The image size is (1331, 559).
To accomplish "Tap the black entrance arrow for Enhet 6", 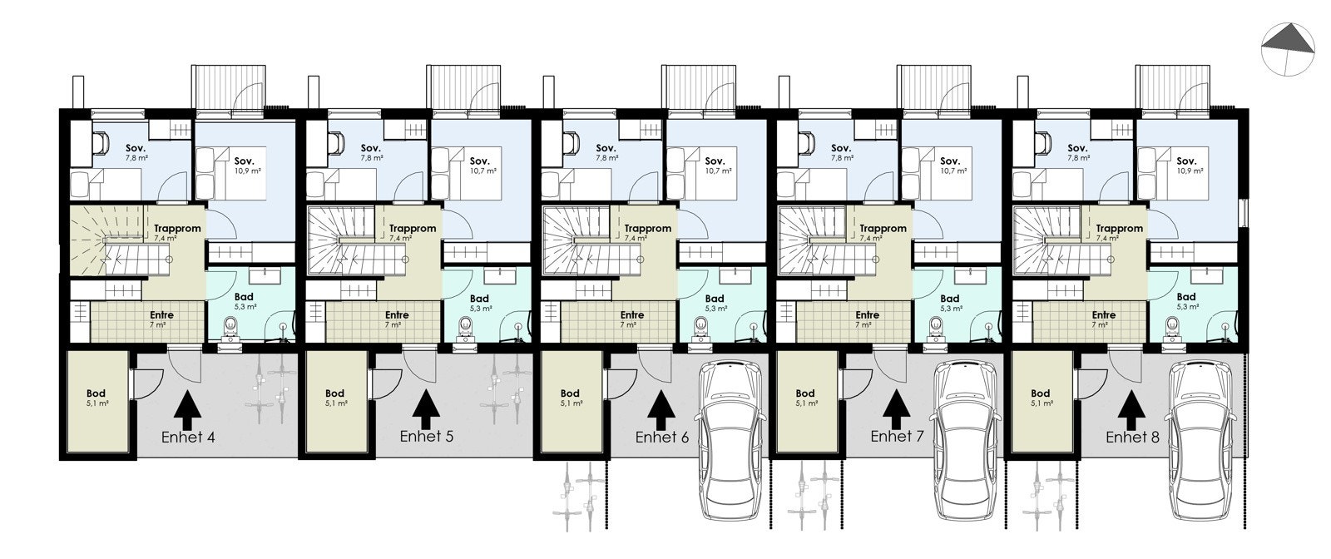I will click(661, 407).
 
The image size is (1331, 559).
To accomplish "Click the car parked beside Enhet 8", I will click(1198, 441).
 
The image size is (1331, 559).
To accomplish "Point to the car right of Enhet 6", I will click(730, 441).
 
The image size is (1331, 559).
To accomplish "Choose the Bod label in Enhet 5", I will click(334, 393).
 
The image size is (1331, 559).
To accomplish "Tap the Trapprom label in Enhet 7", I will click(883, 229).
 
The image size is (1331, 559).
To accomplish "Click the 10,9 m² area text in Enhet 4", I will click(244, 171).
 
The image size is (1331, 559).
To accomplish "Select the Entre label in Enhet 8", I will click(1103, 315).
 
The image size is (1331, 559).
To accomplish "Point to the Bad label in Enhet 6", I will click(715, 299).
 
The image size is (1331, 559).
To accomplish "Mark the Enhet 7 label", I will click(897, 437).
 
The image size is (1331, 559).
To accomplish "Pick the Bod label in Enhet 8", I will click(1040, 393).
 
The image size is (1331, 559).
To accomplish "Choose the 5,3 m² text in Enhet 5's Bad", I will click(479, 308).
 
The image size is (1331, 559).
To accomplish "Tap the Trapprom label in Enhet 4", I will click(176, 229).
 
